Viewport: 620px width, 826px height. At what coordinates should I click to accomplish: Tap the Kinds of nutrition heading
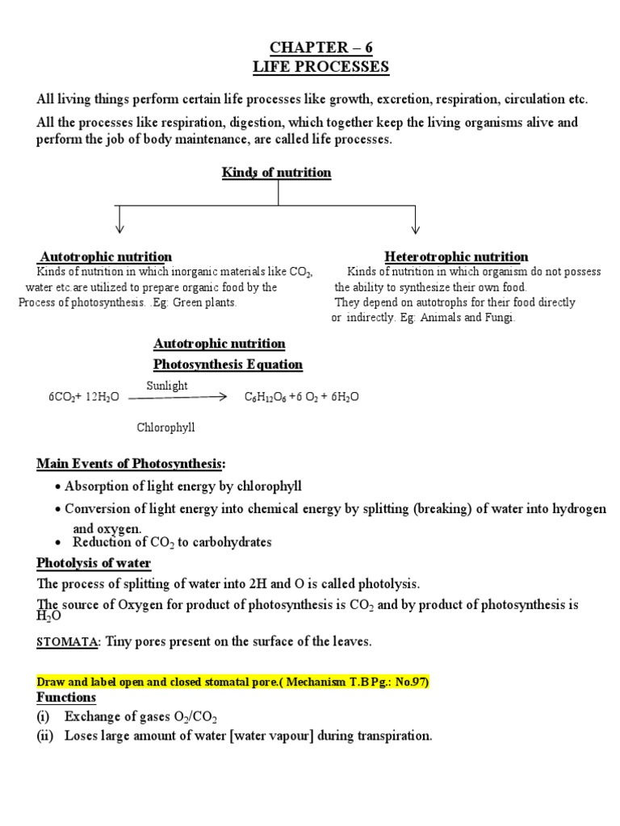coord(277,173)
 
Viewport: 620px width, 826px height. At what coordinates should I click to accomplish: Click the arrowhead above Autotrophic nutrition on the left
coord(119,228)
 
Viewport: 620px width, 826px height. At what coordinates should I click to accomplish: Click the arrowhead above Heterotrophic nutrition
coord(416,228)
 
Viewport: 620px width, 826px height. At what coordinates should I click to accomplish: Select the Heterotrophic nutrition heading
coord(456,257)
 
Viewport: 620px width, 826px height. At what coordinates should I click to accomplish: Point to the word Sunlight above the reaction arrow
coord(167,386)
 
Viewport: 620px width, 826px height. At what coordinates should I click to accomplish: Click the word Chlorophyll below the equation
coord(165,428)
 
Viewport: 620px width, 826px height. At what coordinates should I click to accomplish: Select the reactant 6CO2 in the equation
coord(62,398)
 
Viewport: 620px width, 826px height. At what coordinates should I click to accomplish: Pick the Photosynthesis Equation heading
coord(228,365)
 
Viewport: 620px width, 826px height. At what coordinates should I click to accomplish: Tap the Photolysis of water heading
coord(94,562)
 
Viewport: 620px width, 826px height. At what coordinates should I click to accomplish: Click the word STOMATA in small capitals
coord(66,642)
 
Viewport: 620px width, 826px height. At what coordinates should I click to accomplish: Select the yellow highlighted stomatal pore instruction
coord(233,682)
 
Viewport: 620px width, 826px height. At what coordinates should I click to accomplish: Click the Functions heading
coord(66,697)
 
